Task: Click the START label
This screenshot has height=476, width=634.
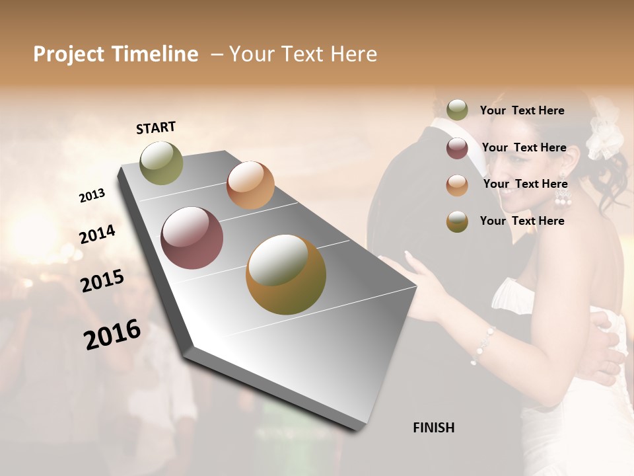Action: tap(156, 128)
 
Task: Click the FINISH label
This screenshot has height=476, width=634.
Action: tap(433, 428)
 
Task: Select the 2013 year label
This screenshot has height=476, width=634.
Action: tap(92, 196)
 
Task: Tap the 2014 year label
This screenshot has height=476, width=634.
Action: tap(97, 234)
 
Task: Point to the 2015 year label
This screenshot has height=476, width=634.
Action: tap(102, 281)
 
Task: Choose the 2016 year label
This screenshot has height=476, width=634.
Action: tap(112, 334)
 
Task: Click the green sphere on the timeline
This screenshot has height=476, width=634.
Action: tap(161, 163)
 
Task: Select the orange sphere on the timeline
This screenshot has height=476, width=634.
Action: tap(250, 184)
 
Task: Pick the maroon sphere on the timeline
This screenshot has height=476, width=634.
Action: tap(192, 238)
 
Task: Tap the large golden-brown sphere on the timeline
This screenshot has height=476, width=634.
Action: tap(285, 274)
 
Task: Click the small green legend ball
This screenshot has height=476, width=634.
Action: tap(457, 110)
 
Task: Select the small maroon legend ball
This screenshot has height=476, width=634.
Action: tap(457, 148)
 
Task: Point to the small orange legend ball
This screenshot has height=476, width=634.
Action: tap(457, 185)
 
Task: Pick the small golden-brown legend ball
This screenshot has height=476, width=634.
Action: tap(457, 221)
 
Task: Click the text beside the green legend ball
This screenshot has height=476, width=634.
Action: tap(522, 110)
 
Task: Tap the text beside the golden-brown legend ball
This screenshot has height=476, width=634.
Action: tap(522, 221)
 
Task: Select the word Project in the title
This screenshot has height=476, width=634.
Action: tap(68, 54)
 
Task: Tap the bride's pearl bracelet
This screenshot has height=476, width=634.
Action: tap(483, 344)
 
